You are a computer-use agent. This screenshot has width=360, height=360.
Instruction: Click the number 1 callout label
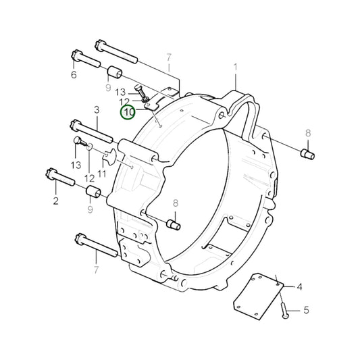coord(236,67)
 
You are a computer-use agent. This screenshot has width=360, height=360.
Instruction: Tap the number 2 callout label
coord(56,201)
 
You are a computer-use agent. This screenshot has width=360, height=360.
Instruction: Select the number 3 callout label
coord(97,109)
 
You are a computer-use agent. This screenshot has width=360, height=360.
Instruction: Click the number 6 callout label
coord(74,75)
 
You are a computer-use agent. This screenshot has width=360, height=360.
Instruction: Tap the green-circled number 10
coord(128,111)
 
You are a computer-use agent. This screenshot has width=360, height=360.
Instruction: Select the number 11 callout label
coord(103,173)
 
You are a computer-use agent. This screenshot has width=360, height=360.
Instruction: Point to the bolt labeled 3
coord(86,126)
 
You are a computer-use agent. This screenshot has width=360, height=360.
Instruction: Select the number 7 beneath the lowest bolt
coord(96,270)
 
